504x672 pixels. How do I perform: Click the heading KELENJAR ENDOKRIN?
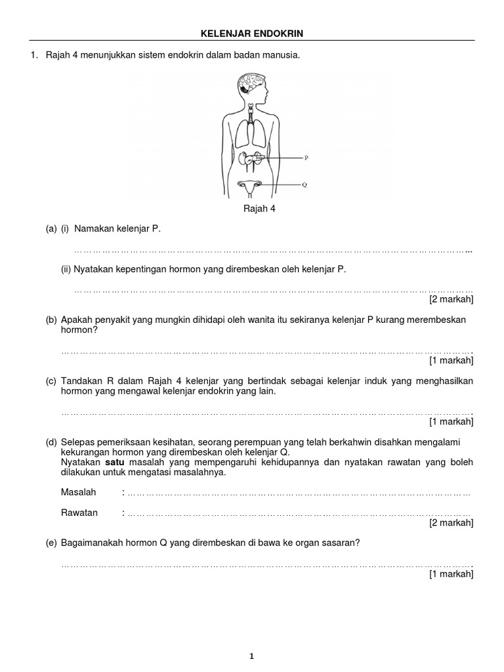point(251,32)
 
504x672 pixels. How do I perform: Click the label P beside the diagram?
point(306,158)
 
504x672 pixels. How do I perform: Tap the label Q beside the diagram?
point(304,185)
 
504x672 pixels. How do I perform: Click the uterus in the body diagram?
point(251,187)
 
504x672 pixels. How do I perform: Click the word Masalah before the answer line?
point(78,492)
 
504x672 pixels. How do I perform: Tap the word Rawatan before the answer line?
point(79,513)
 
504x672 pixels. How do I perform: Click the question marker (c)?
point(51,381)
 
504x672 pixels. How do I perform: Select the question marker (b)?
point(51,320)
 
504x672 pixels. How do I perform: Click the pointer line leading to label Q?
point(282,185)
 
